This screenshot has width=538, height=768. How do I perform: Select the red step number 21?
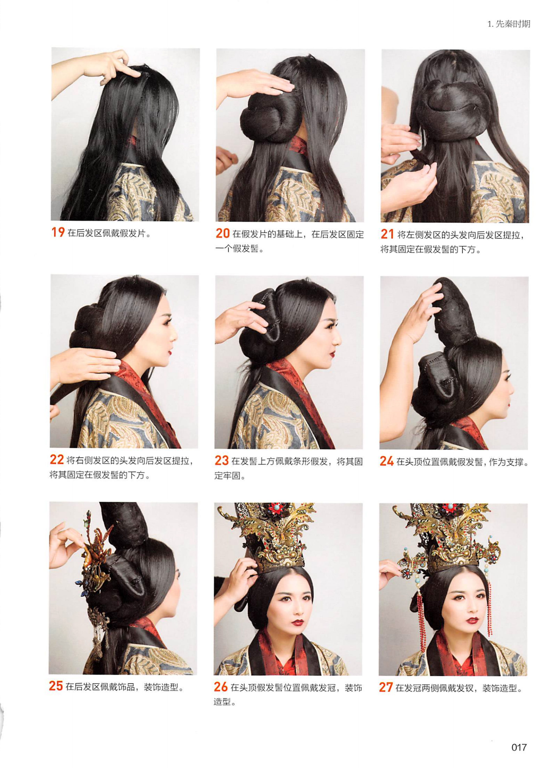click(387, 234)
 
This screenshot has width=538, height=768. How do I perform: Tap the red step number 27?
click(386, 688)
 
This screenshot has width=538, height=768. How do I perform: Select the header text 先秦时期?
click(513, 24)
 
